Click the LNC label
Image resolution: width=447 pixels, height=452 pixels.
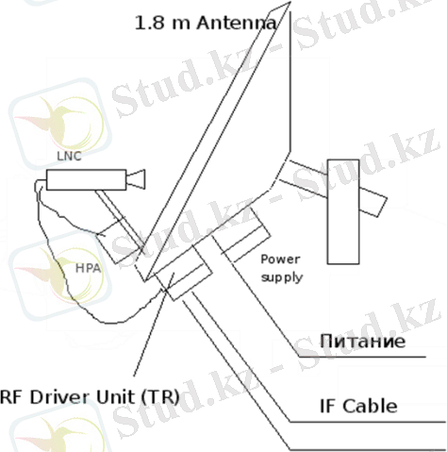[x=69, y=156]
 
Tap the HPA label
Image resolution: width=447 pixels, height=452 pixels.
[x=88, y=268]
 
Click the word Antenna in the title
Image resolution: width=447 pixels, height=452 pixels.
[x=237, y=23]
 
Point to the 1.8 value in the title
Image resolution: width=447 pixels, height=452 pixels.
[x=150, y=23]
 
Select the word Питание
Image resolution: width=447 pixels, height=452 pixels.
[x=362, y=342]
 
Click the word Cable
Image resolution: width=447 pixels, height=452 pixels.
[x=370, y=406]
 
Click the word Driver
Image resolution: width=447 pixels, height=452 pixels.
[x=60, y=396]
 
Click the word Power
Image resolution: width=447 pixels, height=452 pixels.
[x=280, y=259]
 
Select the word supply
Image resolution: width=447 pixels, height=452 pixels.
[x=282, y=277]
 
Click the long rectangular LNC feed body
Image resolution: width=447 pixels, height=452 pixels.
[x=87, y=179]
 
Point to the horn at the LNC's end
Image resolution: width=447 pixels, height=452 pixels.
[x=136, y=179]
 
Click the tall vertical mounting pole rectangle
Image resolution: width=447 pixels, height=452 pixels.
[x=343, y=211]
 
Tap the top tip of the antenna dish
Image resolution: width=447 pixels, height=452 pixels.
[x=290, y=2]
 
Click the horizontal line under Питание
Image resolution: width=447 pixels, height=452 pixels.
[x=362, y=357]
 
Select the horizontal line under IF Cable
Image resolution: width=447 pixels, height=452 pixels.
[x=368, y=422]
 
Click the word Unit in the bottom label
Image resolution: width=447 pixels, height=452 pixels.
[x=115, y=396]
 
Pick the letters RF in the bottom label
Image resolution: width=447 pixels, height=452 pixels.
[x=11, y=397]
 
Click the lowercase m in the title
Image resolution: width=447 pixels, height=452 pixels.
[x=181, y=25]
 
